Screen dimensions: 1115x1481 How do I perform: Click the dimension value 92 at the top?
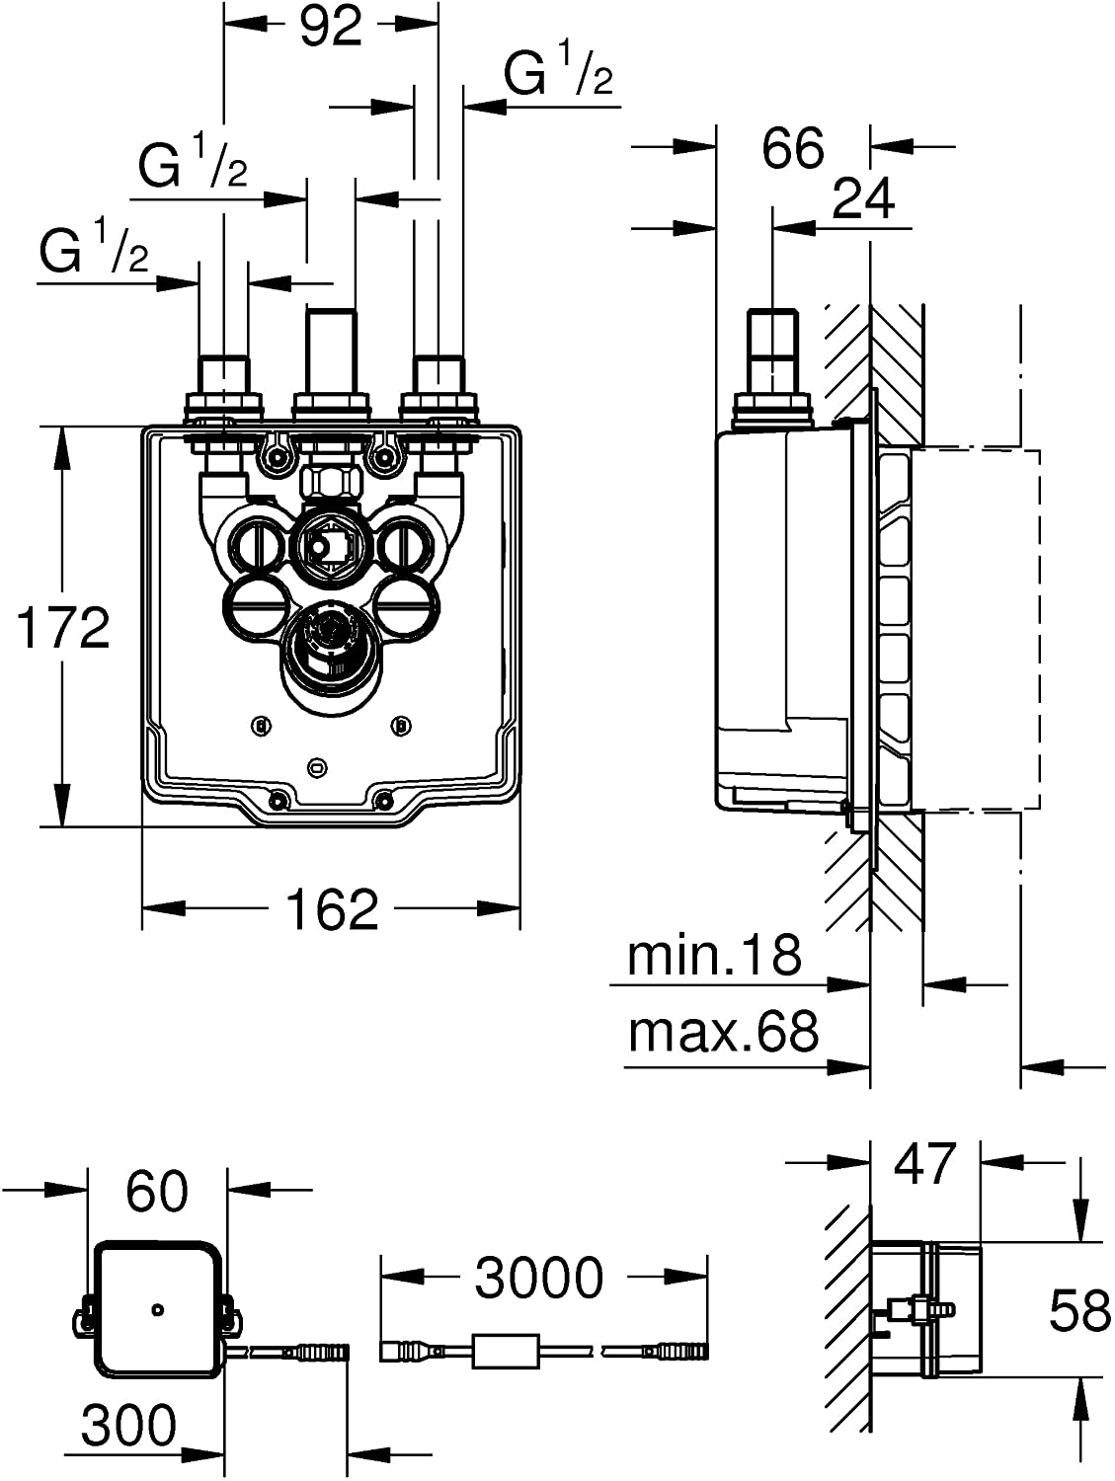click(331, 27)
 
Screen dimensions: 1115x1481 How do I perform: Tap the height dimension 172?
click(62, 628)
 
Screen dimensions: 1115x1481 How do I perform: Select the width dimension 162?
click(333, 909)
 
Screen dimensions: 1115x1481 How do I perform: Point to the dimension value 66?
click(793, 148)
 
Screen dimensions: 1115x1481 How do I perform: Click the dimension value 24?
click(863, 198)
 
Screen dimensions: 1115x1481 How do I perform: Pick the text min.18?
click(714, 956)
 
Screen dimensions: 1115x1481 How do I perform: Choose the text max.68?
click(723, 1033)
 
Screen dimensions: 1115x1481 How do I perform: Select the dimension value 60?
click(157, 1192)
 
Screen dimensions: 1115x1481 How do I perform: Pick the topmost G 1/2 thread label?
click(558, 76)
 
